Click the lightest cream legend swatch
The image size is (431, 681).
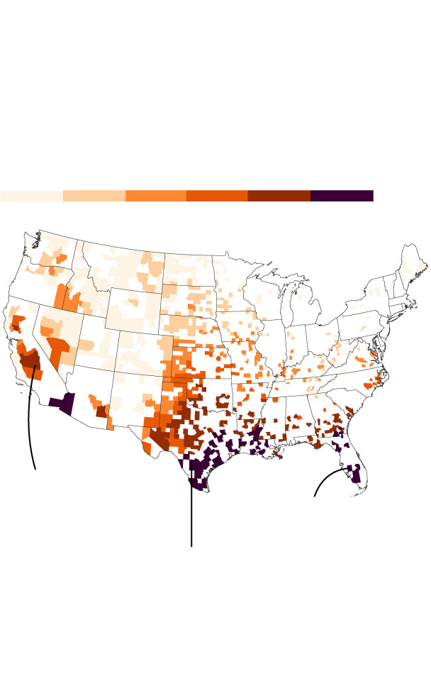click(x=31, y=196)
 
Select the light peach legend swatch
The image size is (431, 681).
click(x=94, y=196)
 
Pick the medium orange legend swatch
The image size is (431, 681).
click(x=155, y=196)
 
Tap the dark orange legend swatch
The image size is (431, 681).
click(x=217, y=196)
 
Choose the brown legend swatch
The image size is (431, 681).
click(x=279, y=196)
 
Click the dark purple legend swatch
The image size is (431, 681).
click(x=341, y=196)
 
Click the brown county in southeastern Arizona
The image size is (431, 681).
click(x=101, y=411)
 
